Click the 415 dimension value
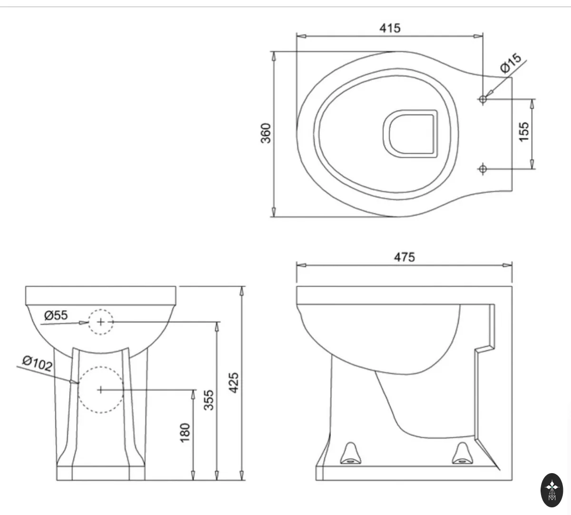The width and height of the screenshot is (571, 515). tap(390, 28)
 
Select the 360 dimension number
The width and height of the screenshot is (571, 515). tap(266, 133)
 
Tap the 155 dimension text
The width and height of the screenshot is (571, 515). tap(523, 131)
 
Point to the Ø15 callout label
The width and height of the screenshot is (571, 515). tap(511, 63)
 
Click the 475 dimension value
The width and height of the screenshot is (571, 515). tap(404, 257)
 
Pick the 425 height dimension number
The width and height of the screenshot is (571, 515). tap(234, 383)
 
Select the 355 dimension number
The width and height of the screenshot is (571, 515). tap(208, 400)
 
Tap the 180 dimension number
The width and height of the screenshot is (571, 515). tap(185, 433)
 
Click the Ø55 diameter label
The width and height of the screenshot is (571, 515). tap(56, 315)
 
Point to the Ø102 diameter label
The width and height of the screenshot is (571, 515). tap(37, 364)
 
